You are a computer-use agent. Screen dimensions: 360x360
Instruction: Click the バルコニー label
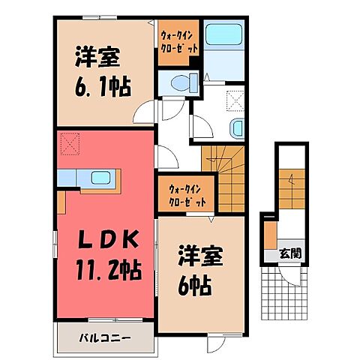tap(106, 316)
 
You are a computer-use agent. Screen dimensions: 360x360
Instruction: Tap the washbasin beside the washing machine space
tap(238, 128)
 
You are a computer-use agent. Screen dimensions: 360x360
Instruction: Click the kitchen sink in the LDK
tap(99, 179)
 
